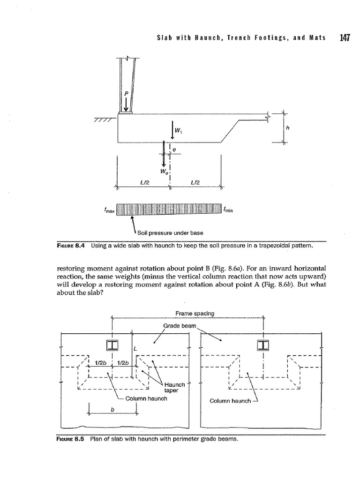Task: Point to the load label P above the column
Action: click(125, 94)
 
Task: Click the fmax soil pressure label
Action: click(109, 210)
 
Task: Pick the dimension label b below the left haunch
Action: click(112, 409)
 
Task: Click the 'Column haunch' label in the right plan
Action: click(229, 401)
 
